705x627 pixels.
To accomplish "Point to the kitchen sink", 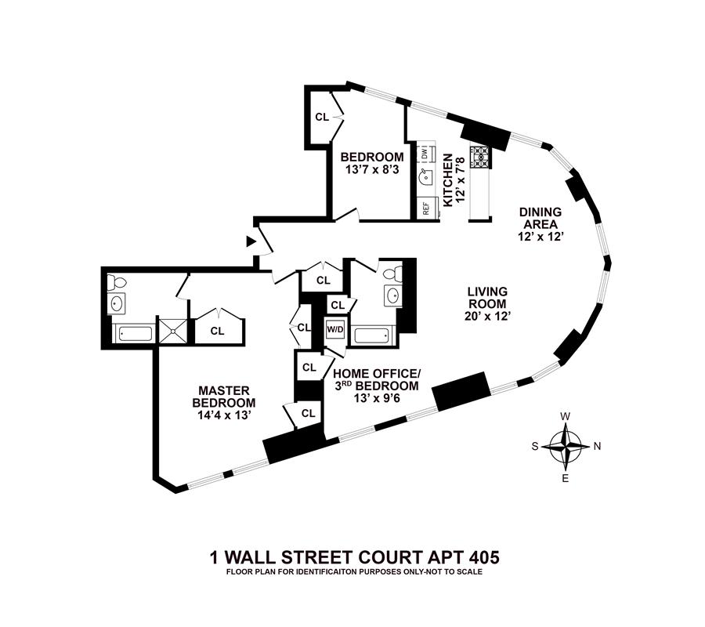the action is tap(424, 178).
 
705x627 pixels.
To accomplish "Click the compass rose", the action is tap(566, 446).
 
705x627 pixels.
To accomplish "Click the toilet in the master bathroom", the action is tap(117, 281).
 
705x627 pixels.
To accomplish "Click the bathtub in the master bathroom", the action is tap(134, 335).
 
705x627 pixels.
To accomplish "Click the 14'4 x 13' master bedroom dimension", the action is tap(223, 415).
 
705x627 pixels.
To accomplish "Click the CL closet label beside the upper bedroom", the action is tap(322, 117).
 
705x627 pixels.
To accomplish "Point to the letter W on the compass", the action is tap(566, 416).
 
